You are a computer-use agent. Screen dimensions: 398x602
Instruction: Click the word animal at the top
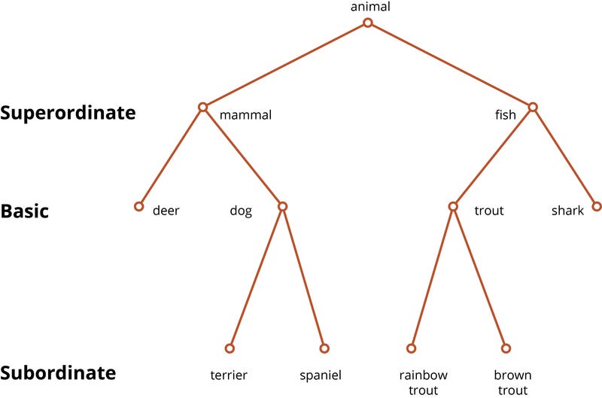coord(370,8)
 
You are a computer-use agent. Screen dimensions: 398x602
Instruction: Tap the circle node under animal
coord(368,23)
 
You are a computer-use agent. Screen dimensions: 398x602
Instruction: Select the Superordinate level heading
coord(68,113)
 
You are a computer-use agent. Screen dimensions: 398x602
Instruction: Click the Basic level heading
coord(25,211)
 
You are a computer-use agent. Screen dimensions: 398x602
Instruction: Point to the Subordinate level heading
coord(59,373)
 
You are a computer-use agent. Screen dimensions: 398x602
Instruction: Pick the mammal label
coord(245,115)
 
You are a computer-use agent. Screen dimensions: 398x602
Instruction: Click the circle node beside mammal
coord(202,108)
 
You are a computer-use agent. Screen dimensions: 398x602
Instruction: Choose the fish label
coord(505,115)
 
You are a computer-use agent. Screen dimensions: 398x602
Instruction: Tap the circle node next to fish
coord(533,108)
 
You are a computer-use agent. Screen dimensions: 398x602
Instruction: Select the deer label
coord(166,211)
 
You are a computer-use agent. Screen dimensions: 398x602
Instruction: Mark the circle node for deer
coord(138,206)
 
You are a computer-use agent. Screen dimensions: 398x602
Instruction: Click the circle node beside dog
coord(283,206)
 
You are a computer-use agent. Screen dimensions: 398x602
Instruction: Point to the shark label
coord(567,211)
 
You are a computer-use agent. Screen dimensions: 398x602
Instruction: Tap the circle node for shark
coord(597,206)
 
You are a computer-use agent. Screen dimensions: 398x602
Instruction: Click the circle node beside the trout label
coord(453,206)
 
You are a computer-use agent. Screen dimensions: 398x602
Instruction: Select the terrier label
coord(229,374)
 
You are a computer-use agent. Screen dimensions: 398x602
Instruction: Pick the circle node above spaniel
coord(324,348)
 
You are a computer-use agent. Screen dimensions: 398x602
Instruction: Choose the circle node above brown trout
coord(506,348)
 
